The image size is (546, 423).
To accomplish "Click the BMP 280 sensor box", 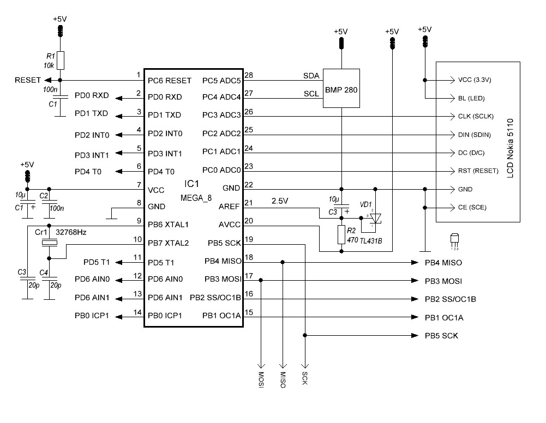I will (341, 88).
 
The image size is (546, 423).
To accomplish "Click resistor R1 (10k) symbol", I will (60, 60).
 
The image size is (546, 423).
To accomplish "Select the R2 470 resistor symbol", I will (341, 235).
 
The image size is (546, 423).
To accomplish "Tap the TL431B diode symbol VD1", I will (375, 217).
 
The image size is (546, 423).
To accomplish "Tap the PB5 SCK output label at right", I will (441, 336).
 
